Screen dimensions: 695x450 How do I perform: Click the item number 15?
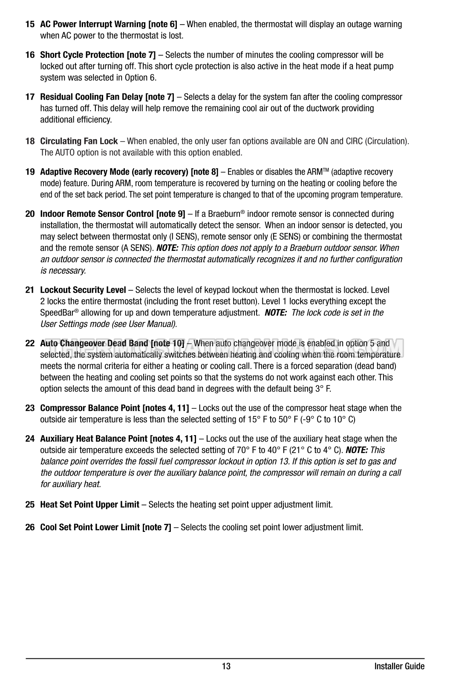point(30,24)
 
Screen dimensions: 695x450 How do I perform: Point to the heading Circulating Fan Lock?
point(79,141)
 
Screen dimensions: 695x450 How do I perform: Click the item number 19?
point(30,172)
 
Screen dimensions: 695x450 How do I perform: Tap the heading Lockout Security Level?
point(83,290)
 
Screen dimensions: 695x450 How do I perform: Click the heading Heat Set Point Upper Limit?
point(89,505)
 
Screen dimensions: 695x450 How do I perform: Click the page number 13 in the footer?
point(226,666)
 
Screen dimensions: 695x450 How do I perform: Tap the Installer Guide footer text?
point(399,666)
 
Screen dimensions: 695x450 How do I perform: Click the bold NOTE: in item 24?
point(357,450)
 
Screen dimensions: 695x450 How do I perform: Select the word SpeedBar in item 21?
point(57,313)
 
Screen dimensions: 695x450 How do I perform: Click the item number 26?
point(30,527)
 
